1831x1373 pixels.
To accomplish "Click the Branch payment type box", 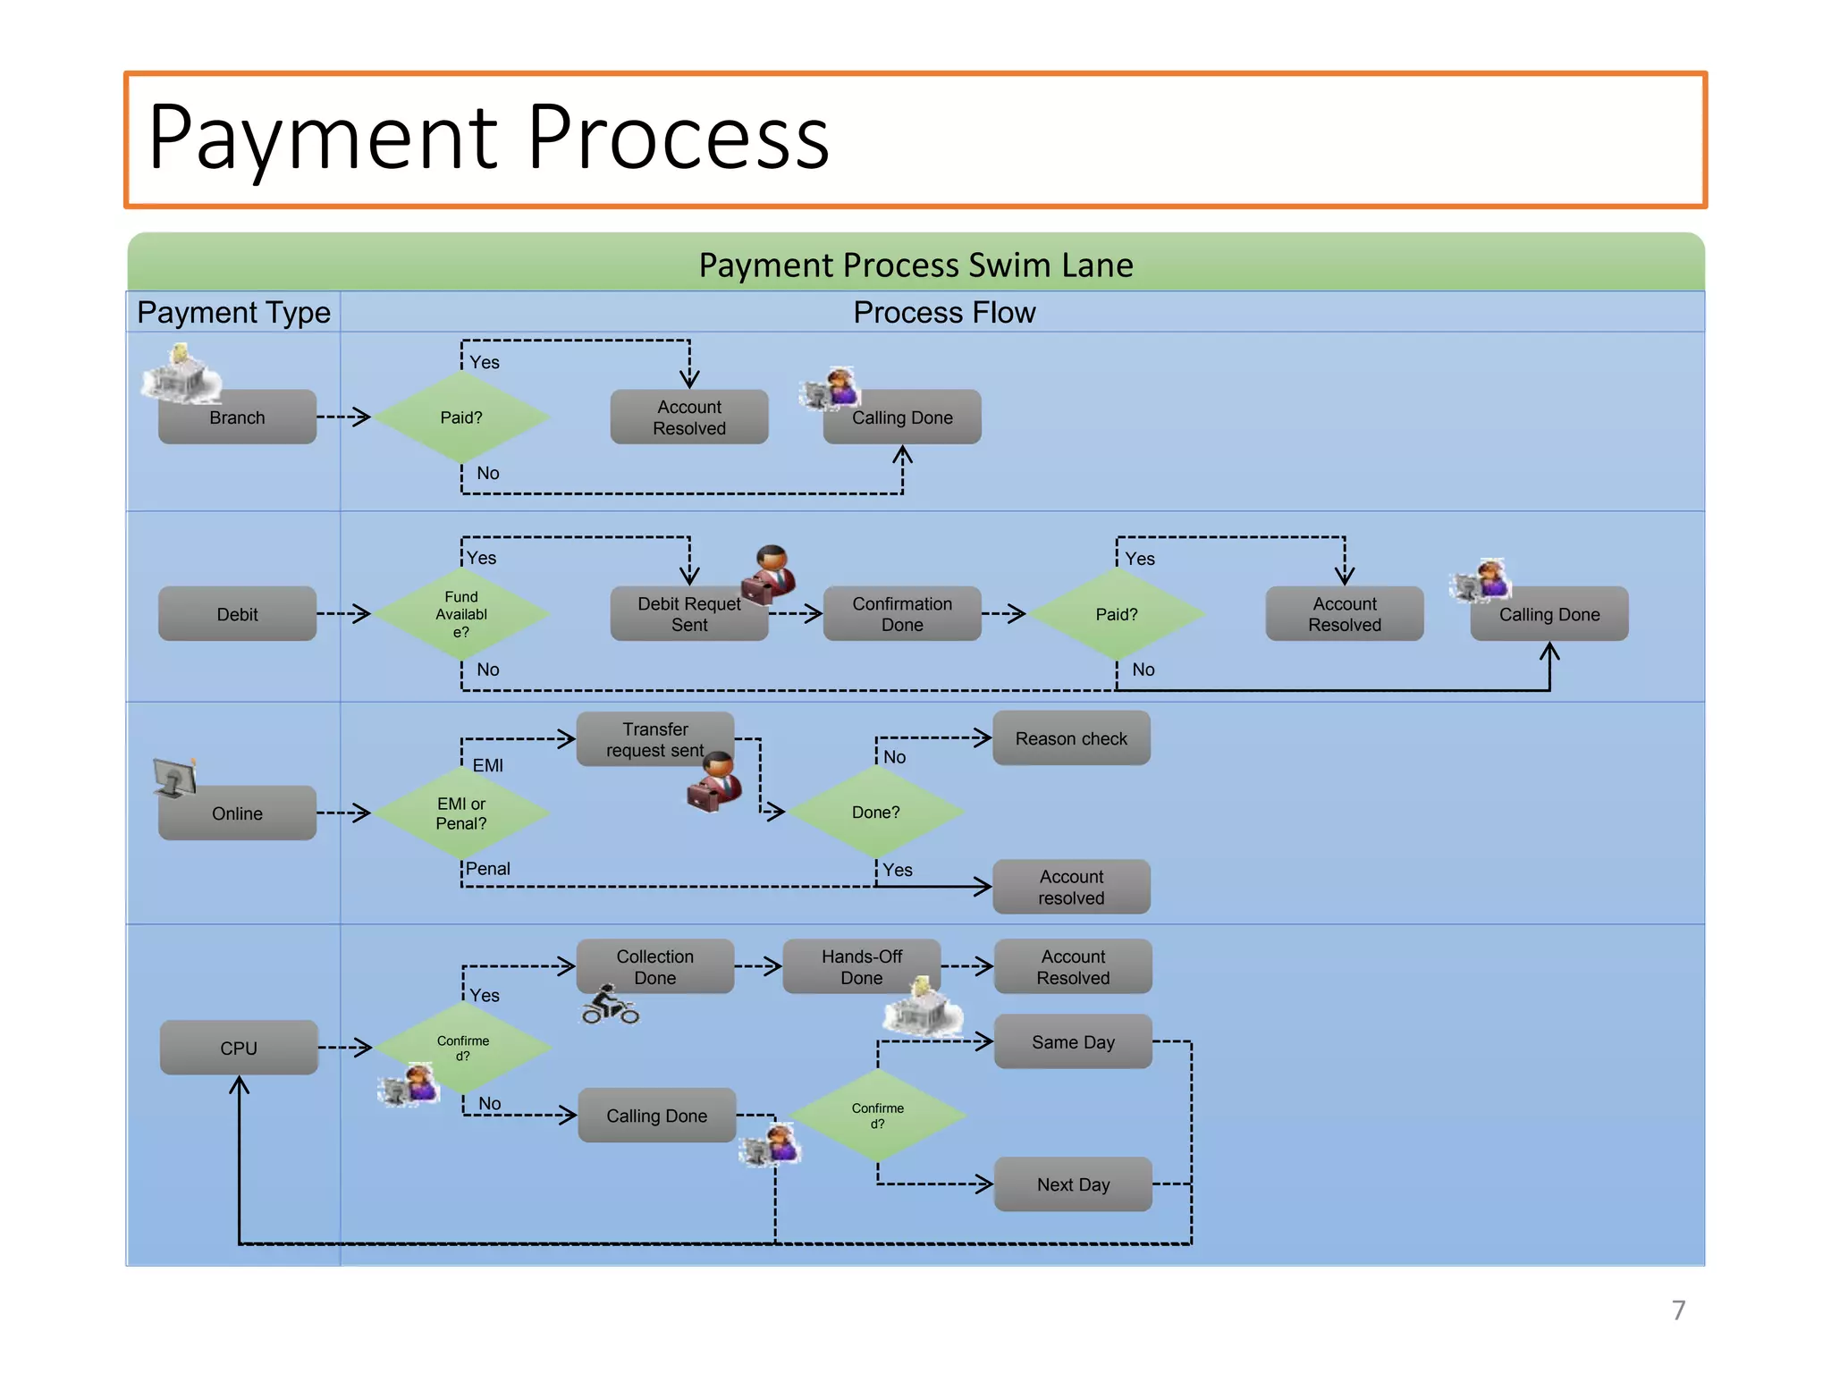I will coord(237,417).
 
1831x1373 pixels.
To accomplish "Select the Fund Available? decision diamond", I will coord(461,614).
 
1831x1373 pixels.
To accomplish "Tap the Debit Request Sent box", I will coord(688,614).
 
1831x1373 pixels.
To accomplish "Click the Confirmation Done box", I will coord(901,614).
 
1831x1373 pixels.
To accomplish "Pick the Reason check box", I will coord(1071,738).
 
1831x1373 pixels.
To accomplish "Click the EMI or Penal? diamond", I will coord(461,813).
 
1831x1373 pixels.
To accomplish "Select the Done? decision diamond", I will coord(875,813).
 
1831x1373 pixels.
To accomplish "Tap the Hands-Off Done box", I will coord(861,966).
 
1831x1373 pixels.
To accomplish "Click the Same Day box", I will coord(1073,1042).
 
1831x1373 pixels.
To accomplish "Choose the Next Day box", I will coord(1073,1184).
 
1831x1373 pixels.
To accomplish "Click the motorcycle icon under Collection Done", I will coord(610,1007).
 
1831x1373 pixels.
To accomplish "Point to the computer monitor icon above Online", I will coord(174,778).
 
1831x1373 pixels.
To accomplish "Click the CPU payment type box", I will coord(239,1048).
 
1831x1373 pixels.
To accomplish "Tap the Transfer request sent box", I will coord(654,739).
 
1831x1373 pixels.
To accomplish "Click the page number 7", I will coord(1678,1310).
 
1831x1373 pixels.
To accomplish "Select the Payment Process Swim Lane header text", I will coord(915,265).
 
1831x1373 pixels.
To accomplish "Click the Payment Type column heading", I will coord(233,313).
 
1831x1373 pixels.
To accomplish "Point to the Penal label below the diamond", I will coord(487,869).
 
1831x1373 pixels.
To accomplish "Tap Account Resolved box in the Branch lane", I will coord(688,417).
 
